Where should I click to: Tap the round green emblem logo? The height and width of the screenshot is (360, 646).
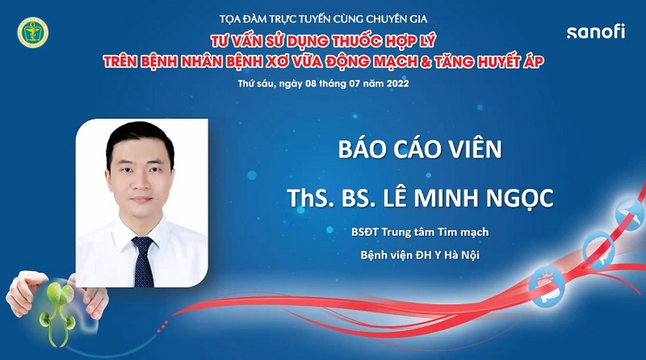[x=32, y=31]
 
